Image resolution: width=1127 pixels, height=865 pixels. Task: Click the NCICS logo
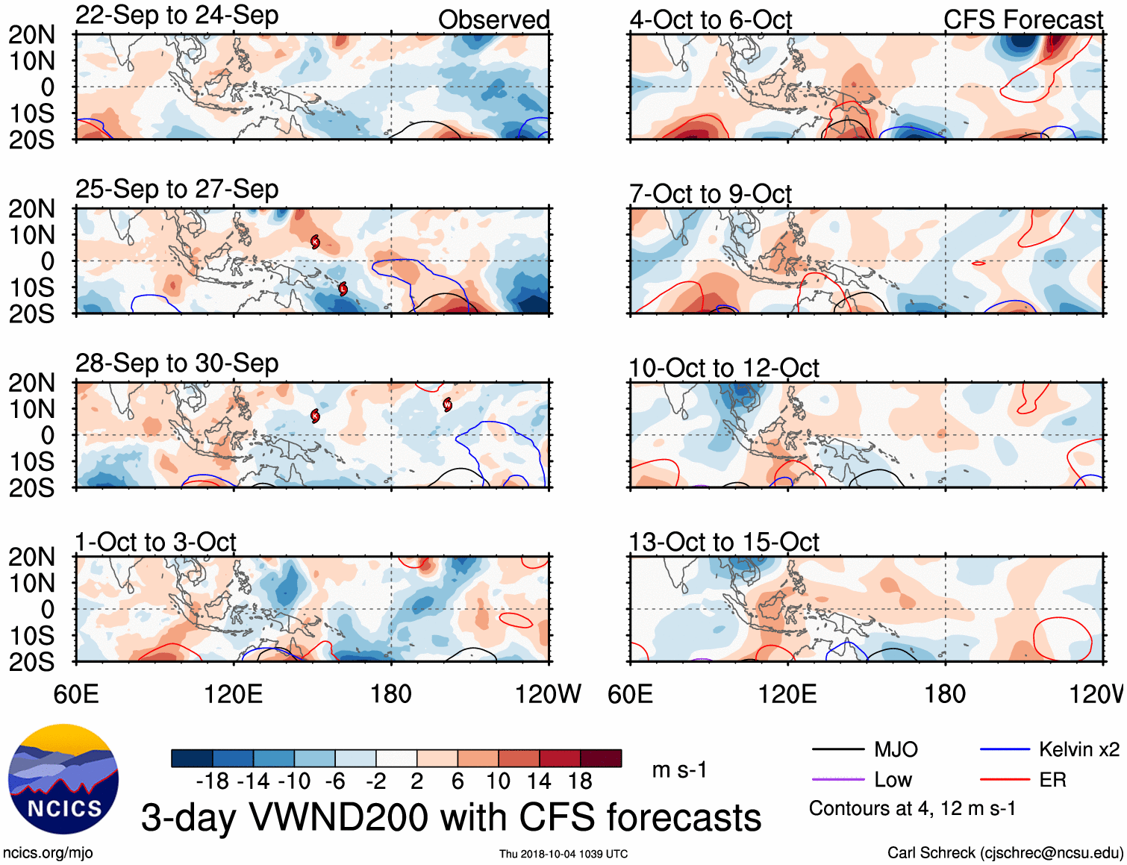click(63, 779)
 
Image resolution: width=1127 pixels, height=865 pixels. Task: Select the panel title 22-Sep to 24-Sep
click(177, 15)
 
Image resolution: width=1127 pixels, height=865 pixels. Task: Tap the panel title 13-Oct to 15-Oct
click(723, 542)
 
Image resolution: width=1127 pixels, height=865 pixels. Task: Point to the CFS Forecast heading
click(1023, 20)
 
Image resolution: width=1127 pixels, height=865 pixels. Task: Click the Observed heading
click(493, 20)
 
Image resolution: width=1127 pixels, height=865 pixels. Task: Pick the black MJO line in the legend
click(837, 749)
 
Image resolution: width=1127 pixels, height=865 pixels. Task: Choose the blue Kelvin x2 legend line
click(1005, 749)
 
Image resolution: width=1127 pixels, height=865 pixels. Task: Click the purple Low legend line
click(837, 780)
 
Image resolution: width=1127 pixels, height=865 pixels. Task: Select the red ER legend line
click(1005, 780)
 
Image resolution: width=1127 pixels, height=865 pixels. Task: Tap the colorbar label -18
click(212, 781)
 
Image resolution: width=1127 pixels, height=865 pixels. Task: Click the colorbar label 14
click(538, 781)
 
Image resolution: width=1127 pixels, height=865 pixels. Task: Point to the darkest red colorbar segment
click(601, 758)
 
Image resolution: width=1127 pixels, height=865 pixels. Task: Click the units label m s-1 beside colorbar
click(679, 769)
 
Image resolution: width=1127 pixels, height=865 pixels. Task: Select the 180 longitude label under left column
click(391, 694)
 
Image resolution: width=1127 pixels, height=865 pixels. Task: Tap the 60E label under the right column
click(630, 694)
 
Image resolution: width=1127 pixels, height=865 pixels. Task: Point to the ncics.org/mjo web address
click(48, 852)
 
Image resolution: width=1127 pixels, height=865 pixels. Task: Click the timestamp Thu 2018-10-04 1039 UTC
click(563, 854)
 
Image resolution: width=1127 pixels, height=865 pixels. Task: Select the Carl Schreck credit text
click(1005, 852)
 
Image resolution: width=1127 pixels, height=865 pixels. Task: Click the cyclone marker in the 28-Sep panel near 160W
click(447, 405)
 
